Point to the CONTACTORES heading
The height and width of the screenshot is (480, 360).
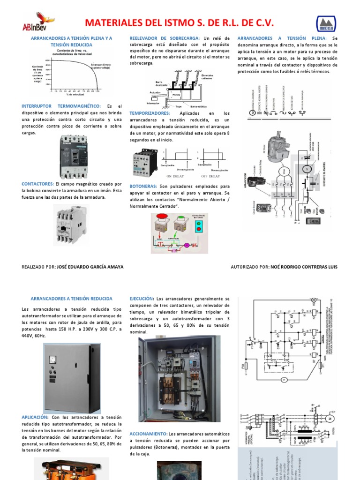tap(38, 184)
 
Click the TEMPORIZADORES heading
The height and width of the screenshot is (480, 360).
tap(149, 113)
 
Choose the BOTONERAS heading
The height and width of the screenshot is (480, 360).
tap(143, 186)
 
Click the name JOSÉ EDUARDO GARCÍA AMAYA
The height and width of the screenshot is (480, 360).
tap(90, 267)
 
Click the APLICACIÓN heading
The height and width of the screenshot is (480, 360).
tap(35, 417)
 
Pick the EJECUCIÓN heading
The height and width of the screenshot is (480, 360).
tap(142, 299)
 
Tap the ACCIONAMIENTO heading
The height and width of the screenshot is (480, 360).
tap(148, 434)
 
